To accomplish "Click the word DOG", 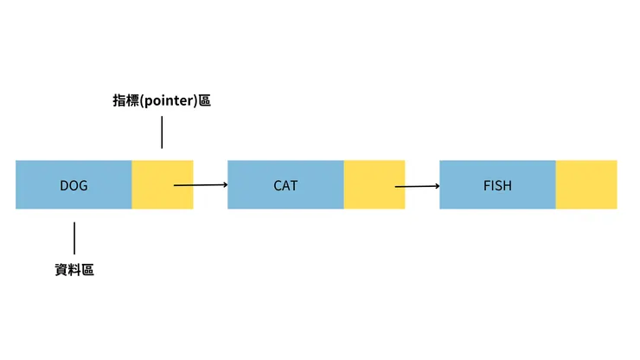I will pyautogui.click(x=74, y=185).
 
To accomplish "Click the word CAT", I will pyautogui.click(x=285, y=185).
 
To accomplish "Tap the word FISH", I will pyautogui.click(x=497, y=185).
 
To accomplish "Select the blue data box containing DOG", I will pyautogui.click(x=43, y=195).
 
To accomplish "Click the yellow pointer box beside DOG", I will pyautogui.click(x=151, y=173).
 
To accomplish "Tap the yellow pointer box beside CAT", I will pyautogui.click(x=363, y=173).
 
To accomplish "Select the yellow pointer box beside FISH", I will pyautogui.click(x=586, y=184).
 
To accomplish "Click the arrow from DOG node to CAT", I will pyautogui.click(x=199, y=184).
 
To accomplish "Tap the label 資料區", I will pyautogui.click(x=74, y=269).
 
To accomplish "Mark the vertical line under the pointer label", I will pyautogui.click(x=161, y=133).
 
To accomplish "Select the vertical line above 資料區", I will pyautogui.click(x=74, y=237).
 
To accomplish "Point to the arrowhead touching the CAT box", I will pyautogui.click(x=224, y=184).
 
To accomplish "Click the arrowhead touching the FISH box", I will pyautogui.click(x=436, y=184).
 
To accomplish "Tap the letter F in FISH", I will pyautogui.click(x=485, y=185).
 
